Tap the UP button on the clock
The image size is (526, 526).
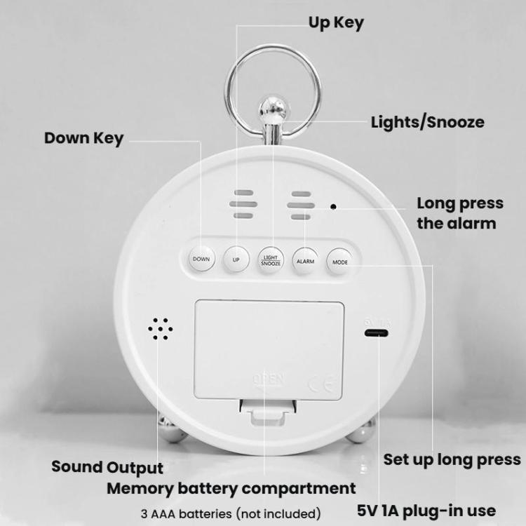coord(236,259)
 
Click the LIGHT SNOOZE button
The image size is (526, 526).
coord(271,259)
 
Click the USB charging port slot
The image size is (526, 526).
coord(375,332)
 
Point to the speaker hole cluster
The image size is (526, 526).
coord(161,328)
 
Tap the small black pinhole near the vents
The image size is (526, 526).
coord(334,206)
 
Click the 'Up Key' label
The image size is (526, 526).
coord(336,22)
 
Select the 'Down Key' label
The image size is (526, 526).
coord(83,137)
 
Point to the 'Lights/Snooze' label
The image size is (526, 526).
coord(427,122)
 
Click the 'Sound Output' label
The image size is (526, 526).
coord(107,467)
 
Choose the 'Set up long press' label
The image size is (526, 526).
coord(452,459)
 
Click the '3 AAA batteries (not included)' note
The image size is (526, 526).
coord(231,513)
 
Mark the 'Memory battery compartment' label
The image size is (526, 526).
coord(231,488)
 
